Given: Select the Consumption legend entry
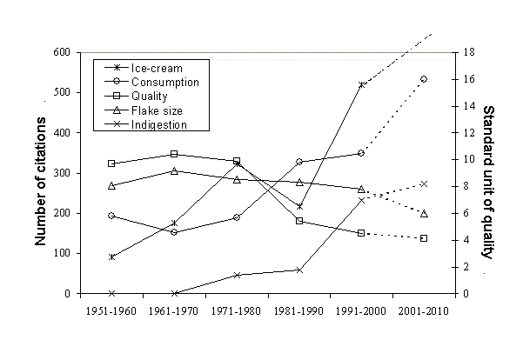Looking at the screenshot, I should click(165, 82).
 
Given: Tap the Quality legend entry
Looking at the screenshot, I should click(149, 96).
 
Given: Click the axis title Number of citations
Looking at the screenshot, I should click(40, 173).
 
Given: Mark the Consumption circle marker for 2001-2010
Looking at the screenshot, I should click(424, 79).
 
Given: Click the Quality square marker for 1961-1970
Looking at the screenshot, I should click(174, 154).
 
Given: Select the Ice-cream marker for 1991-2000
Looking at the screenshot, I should click(361, 84).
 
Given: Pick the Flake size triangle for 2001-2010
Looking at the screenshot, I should click(424, 213).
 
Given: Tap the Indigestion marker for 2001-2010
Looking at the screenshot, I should click(424, 183).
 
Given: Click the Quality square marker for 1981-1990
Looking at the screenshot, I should click(298, 221).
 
